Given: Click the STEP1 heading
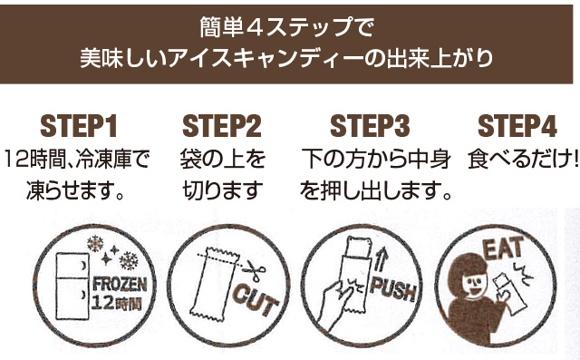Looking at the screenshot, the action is [x=79, y=126].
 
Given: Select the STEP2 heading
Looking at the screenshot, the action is [x=222, y=126].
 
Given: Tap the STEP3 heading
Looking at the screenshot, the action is [x=370, y=126].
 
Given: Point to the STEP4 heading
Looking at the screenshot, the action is [x=517, y=126].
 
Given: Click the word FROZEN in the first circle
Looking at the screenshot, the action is [x=120, y=285].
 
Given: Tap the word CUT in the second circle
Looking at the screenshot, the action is [x=256, y=299].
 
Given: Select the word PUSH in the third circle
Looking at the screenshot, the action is [x=393, y=288].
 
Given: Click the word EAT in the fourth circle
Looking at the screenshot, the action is [x=504, y=248].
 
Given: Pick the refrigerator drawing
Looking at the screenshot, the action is [x=72, y=286].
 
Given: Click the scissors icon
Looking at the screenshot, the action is [x=255, y=272].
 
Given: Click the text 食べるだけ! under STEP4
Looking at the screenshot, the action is [x=523, y=160].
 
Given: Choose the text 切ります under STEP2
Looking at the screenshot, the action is [x=223, y=190].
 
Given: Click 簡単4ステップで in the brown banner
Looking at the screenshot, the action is [x=286, y=27].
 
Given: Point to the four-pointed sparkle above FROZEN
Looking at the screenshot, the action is [x=107, y=258].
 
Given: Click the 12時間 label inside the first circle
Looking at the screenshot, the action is [x=117, y=304].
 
